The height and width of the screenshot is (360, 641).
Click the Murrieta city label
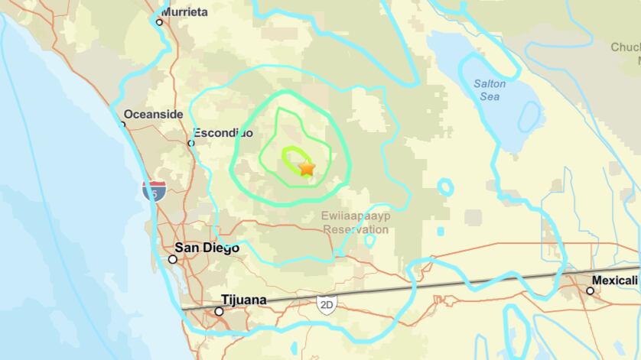(186, 13)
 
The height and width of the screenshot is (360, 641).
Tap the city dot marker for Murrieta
(159, 22)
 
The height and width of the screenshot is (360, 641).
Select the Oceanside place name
(154, 114)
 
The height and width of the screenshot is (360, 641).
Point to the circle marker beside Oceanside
(122, 123)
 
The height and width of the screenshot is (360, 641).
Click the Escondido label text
(223, 132)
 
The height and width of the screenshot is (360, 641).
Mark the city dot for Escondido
(191, 142)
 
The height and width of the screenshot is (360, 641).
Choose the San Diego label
(207, 248)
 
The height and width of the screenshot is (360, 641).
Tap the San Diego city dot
(173, 259)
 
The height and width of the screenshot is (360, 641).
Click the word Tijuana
(243, 300)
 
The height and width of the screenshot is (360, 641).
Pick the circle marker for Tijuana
(219, 311)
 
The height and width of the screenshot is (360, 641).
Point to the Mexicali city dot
(590, 290)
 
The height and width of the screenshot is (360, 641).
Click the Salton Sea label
(489, 90)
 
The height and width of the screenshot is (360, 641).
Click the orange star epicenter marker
(306, 167)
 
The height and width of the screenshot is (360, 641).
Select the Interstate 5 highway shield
(155, 190)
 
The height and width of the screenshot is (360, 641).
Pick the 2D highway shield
(327, 303)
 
